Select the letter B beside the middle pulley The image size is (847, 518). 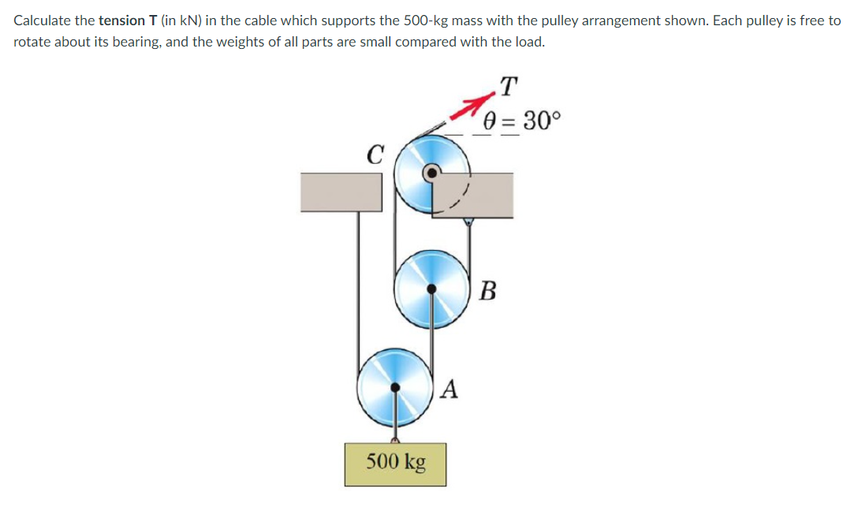tap(487, 291)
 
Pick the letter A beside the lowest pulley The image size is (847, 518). tap(450, 388)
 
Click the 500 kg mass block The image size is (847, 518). tap(394, 464)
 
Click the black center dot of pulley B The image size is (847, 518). tap(431, 289)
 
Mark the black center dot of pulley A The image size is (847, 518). tap(394, 387)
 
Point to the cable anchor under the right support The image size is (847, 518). tap(469, 222)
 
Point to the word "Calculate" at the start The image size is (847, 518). tap(42, 20)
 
